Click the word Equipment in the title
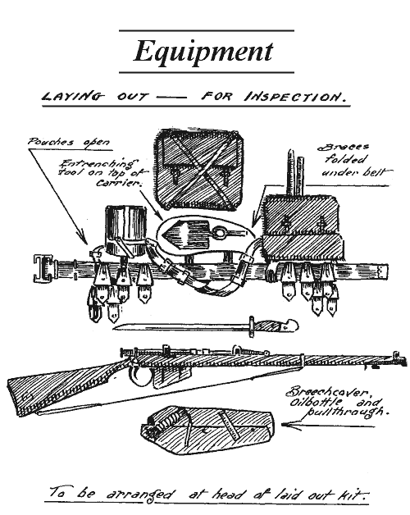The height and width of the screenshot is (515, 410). pyautogui.click(x=203, y=52)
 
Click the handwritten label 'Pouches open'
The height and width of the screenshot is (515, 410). pyautogui.click(x=68, y=142)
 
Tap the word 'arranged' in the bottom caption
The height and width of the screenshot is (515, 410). pyautogui.click(x=140, y=494)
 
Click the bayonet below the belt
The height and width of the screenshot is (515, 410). pyautogui.click(x=206, y=326)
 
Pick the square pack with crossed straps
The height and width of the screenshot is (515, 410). pyautogui.click(x=199, y=169)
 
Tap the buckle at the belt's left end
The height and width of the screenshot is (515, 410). pyautogui.click(x=43, y=268)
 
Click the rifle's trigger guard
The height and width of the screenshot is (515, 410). pyautogui.click(x=140, y=376)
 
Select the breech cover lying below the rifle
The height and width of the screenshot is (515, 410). pyautogui.click(x=207, y=430)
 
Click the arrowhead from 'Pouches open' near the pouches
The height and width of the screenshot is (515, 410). pyautogui.click(x=83, y=237)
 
